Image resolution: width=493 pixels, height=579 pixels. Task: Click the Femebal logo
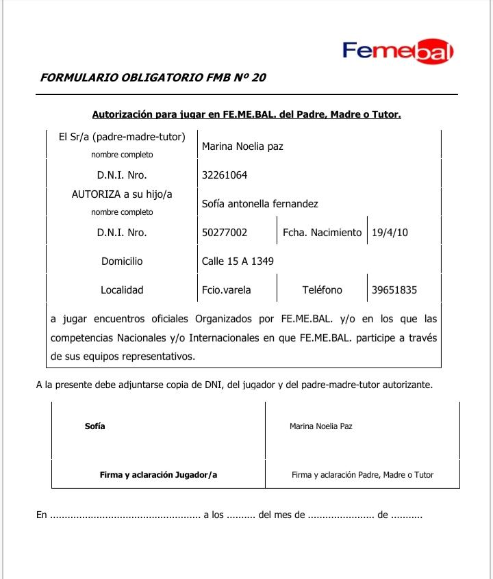(x=398, y=51)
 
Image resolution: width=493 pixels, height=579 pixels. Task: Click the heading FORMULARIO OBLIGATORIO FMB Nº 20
(x=153, y=77)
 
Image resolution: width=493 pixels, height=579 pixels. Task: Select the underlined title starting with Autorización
(x=246, y=114)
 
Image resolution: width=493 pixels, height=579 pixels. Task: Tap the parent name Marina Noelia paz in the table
(x=242, y=146)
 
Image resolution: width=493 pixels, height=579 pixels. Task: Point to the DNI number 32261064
(x=225, y=175)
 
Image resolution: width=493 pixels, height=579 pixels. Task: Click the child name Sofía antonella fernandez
(x=260, y=203)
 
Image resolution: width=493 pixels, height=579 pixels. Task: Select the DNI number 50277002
(x=225, y=232)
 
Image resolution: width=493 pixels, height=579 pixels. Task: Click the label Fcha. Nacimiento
(x=322, y=232)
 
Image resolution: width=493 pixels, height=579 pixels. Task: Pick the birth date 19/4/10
(x=390, y=232)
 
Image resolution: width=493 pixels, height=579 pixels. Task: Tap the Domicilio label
(x=122, y=261)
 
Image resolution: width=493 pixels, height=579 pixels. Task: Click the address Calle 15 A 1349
(x=238, y=261)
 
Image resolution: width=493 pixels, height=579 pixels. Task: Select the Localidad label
(x=122, y=289)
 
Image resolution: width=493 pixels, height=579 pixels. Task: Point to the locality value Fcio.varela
(x=227, y=289)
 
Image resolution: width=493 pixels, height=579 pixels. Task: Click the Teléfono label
(x=322, y=289)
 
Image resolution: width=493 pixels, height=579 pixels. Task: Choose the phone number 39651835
(x=394, y=289)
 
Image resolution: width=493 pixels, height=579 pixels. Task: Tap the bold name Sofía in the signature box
(x=95, y=426)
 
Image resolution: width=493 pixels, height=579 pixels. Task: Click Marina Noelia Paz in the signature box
(x=321, y=426)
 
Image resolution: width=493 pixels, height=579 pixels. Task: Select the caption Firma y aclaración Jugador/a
(x=158, y=474)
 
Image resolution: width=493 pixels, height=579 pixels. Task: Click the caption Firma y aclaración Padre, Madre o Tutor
(x=362, y=474)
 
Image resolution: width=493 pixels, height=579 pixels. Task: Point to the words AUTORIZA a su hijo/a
(x=122, y=194)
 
